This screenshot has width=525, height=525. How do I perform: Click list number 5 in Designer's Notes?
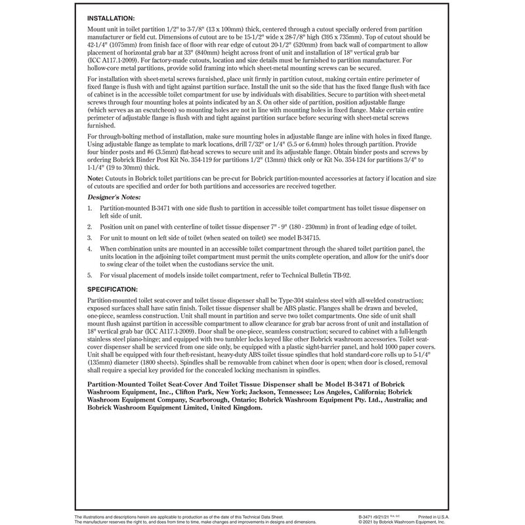tap(90, 275)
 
